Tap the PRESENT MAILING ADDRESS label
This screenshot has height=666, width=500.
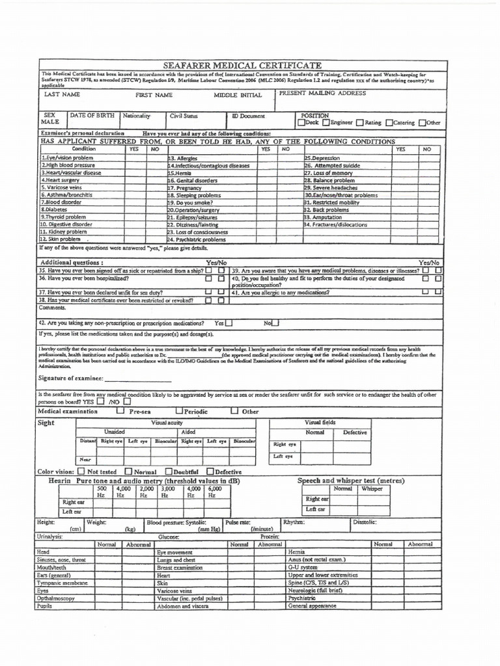322,93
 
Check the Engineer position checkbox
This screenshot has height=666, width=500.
326,122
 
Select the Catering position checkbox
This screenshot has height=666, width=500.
389,122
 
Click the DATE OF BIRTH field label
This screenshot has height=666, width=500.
92,115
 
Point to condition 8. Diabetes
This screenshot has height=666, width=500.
55,210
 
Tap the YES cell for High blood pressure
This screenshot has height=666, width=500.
134,165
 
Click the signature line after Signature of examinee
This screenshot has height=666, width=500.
138,379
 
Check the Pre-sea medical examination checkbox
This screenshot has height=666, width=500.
120,411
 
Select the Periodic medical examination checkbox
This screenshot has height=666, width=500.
179,411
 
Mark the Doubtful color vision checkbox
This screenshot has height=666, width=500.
169,471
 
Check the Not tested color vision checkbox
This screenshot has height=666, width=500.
81,471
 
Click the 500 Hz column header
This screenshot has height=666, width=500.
101,492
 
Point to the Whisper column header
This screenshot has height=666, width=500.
372,488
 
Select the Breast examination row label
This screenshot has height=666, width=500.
179,567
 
